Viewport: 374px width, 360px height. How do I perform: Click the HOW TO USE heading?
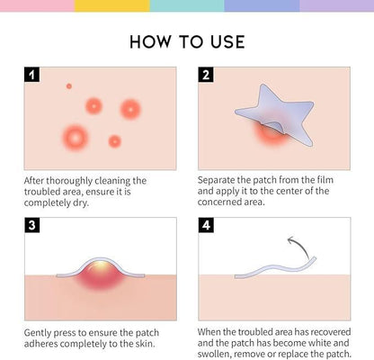click(x=186, y=42)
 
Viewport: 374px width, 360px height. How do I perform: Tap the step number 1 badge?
click(x=32, y=76)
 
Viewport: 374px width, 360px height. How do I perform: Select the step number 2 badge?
click(x=206, y=76)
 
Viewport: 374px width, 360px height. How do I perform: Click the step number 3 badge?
click(x=32, y=225)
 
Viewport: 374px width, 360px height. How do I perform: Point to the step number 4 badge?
click(x=206, y=225)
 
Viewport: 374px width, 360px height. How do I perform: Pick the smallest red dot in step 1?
click(x=68, y=86)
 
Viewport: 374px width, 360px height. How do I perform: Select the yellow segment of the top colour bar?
click(x=111, y=5)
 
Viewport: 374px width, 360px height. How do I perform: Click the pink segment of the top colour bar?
click(x=37, y=5)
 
